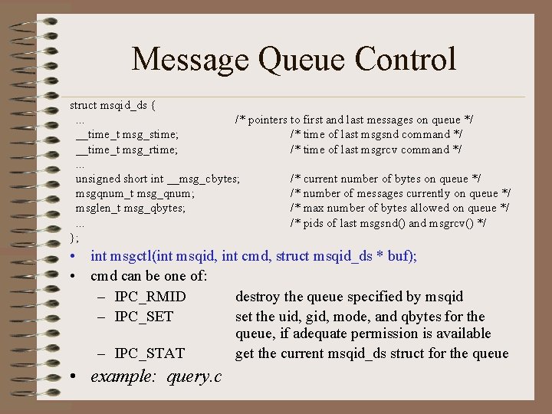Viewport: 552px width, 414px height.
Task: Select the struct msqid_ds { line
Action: [x=114, y=104]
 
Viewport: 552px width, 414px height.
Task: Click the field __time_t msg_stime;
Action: [x=127, y=135]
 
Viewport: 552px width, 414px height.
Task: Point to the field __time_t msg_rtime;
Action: [x=127, y=149]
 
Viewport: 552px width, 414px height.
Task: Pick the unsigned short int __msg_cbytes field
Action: [x=157, y=179]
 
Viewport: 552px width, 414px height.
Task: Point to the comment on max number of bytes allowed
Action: [x=399, y=208]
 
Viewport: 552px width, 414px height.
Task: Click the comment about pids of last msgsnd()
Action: [x=388, y=223]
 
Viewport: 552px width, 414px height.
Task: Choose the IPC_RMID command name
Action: [x=150, y=297]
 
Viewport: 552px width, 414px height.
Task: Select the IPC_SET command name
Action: [x=144, y=317]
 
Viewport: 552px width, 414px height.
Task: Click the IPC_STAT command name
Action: [x=149, y=353]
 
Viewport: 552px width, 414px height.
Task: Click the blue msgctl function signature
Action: [x=253, y=256]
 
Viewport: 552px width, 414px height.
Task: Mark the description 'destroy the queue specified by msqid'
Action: [x=349, y=297]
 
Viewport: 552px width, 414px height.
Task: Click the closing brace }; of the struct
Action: [x=74, y=238]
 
